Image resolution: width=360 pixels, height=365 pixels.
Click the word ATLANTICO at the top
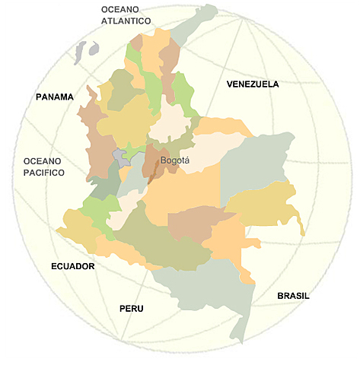(x=126, y=21)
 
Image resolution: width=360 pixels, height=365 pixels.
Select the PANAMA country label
(x=55, y=97)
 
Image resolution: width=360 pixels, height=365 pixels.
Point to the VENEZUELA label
(x=253, y=84)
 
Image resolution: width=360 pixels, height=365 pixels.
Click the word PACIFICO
(x=44, y=173)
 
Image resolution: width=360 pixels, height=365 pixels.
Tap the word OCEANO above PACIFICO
(x=43, y=161)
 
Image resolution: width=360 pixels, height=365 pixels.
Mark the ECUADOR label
(x=72, y=266)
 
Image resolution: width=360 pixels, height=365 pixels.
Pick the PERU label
(x=131, y=309)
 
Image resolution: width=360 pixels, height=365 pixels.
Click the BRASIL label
(x=293, y=296)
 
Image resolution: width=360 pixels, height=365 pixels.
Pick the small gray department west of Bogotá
(x=120, y=157)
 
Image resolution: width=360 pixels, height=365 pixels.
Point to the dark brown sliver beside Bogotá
(x=155, y=173)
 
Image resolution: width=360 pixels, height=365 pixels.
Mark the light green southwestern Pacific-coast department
(x=99, y=208)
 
